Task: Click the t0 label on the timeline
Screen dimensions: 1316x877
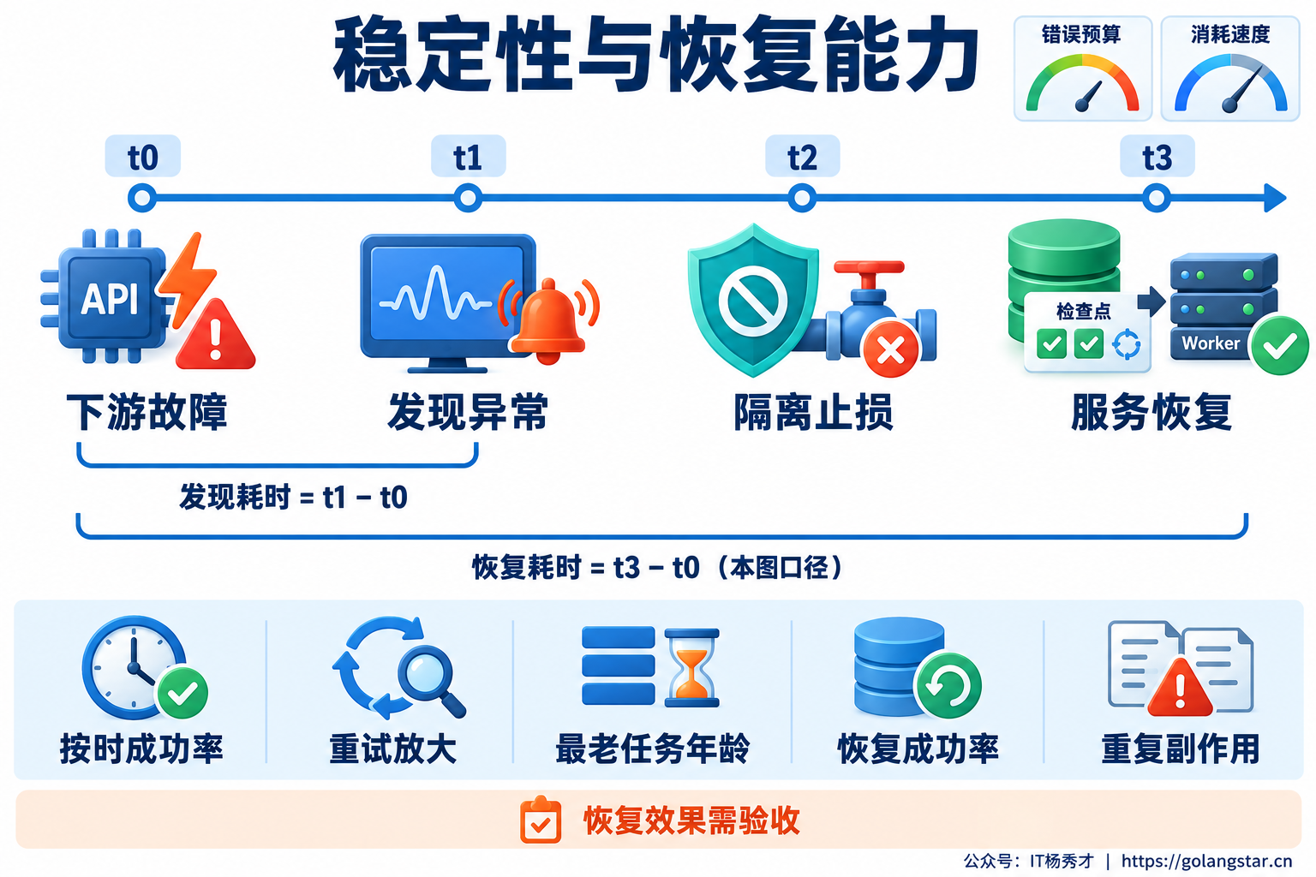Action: point(143,156)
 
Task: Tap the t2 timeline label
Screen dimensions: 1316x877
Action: point(803,156)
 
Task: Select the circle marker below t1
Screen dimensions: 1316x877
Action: point(469,198)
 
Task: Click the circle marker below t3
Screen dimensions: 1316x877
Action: point(1157,198)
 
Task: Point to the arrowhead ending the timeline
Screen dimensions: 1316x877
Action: point(1275,198)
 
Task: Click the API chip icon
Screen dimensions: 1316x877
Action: point(105,296)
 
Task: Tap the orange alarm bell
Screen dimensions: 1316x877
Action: point(548,320)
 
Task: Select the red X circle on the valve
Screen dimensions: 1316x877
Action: point(891,350)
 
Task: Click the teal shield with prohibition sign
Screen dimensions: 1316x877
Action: point(752,300)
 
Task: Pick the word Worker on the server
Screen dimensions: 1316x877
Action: point(1211,343)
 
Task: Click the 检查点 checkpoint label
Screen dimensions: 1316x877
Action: point(1084,311)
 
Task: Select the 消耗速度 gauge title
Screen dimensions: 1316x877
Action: point(1230,34)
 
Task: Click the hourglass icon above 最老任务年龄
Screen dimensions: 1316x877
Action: point(692,668)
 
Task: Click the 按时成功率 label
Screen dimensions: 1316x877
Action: point(141,749)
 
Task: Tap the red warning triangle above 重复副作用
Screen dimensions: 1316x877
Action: point(1180,687)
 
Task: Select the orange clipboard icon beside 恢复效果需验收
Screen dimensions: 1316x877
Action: point(541,820)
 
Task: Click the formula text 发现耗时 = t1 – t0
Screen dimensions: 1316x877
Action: point(293,498)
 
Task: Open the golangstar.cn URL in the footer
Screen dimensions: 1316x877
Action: point(1206,861)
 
